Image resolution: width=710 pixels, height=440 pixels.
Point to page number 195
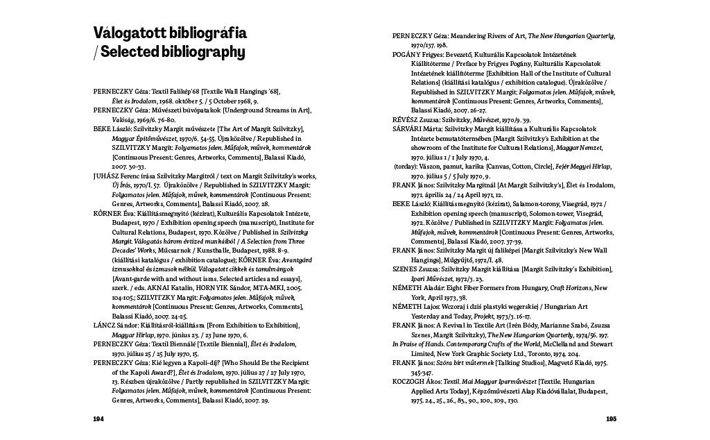610,419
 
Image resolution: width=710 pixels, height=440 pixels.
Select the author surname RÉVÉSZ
407,119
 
